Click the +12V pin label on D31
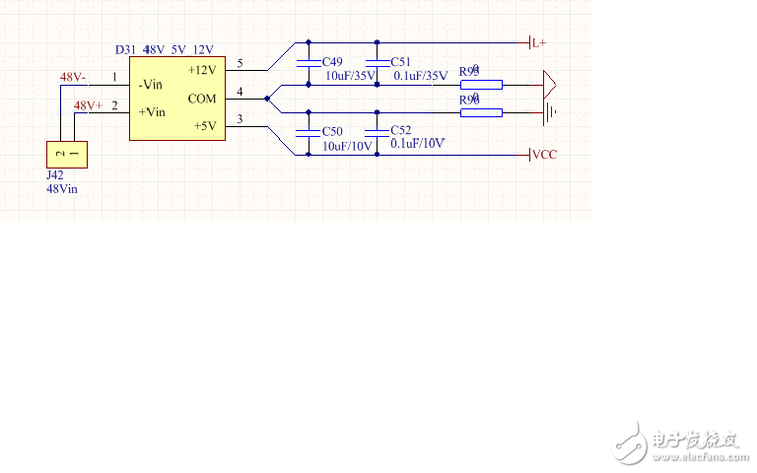pyautogui.click(x=202, y=71)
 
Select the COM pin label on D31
pyautogui.click(x=202, y=99)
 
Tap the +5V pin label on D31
pyautogui.click(x=204, y=126)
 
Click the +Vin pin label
pyautogui.click(x=152, y=112)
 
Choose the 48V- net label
pyautogui.click(x=73, y=77)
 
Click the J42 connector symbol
pyautogui.click(x=66, y=155)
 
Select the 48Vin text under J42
pyautogui.click(x=63, y=188)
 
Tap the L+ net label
pyautogui.click(x=539, y=44)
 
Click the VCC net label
pyautogui.click(x=545, y=155)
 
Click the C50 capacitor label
pyautogui.click(x=334, y=131)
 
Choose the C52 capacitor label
pyautogui.click(x=401, y=130)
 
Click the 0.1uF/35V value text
pyautogui.click(x=421, y=75)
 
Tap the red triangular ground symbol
pyautogui.click(x=549, y=84)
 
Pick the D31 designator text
pyautogui.click(x=125, y=49)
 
